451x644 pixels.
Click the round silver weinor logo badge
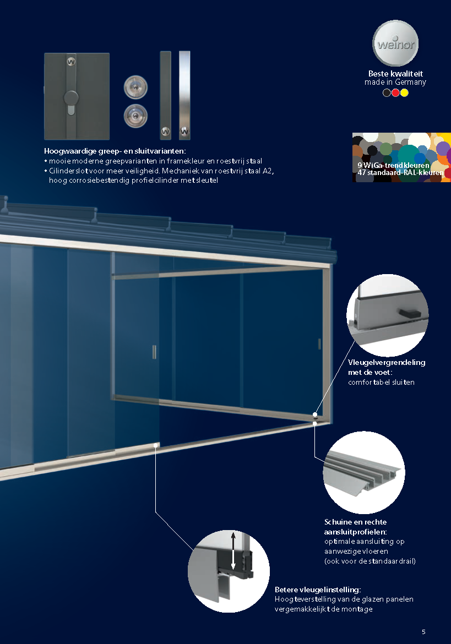pyautogui.click(x=395, y=43)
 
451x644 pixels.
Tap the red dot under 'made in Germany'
pyautogui.click(x=395, y=93)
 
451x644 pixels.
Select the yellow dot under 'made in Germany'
pyautogui.click(x=404, y=93)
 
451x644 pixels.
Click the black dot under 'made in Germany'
pyautogui.click(x=387, y=93)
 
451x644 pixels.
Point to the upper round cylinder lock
pyautogui.click(x=135, y=87)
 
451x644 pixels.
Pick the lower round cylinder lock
pyautogui.click(x=135, y=116)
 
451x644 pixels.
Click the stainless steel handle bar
pyautogui.click(x=184, y=95)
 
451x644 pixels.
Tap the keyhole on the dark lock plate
pyautogui.click(x=71, y=109)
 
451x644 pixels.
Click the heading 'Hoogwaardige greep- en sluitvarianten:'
pyautogui.click(x=115, y=151)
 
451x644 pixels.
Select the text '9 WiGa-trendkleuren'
pyautogui.click(x=393, y=165)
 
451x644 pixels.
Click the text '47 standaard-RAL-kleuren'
pyautogui.click(x=400, y=172)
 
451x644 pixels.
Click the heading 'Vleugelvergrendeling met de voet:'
pyautogui.click(x=387, y=367)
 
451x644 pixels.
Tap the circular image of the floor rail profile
pyautogui.click(x=364, y=472)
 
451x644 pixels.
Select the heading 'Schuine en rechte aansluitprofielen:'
pyautogui.click(x=356, y=527)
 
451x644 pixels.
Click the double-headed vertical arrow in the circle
pyautogui.click(x=233, y=551)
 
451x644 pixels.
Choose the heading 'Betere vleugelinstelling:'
pyautogui.click(x=318, y=590)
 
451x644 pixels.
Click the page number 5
pyautogui.click(x=423, y=632)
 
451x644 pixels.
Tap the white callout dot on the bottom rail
pyautogui.click(x=156, y=445)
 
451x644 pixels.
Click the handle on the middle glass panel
pyautogui.click(x=154, y=352)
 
